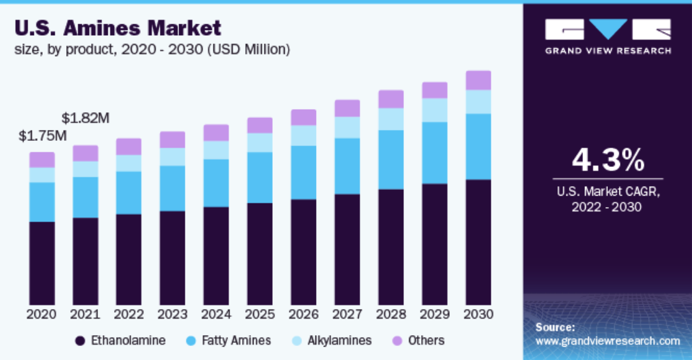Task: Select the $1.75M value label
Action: pyautogui.click(x=43, y=135)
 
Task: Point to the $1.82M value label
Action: pyautogui.click(x=85, y=118)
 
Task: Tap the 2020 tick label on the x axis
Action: pyautogui.click(x=41, y=314)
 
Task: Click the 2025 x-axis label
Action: pyautogui.click(x=259, y=314)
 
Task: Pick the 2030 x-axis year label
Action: pyautogui.click(x=478, y=314)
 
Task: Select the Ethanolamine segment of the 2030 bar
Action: pyautogui.click(x=478, y=242)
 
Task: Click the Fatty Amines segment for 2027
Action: pyautogui.click(x=347, y=166)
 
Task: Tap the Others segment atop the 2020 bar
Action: pyautogui.click(x=42, y=160)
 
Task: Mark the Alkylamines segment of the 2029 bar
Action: pyautogui.click(x=435, y=110)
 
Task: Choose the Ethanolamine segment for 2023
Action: pyautogui.click(x=173, y=257)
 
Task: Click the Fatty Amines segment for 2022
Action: pyautogui.click(x=129, y=192)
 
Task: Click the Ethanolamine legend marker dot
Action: pyautogui.click(x=80, y=341)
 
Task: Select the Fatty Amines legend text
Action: pyautogui.click(x=236, y=341)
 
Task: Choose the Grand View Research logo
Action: pyautogui.click(x=607, y=35)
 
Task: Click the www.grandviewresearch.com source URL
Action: pyautogui.click(x=607, y=342)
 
